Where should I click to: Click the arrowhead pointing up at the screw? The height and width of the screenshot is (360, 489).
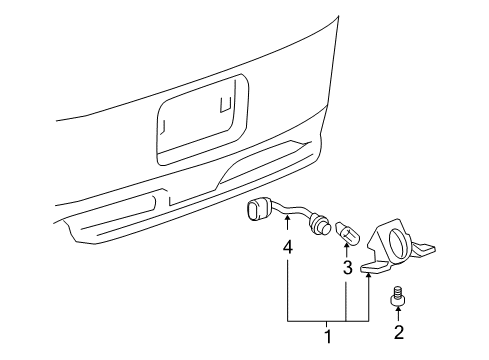click(x=398, y=313)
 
